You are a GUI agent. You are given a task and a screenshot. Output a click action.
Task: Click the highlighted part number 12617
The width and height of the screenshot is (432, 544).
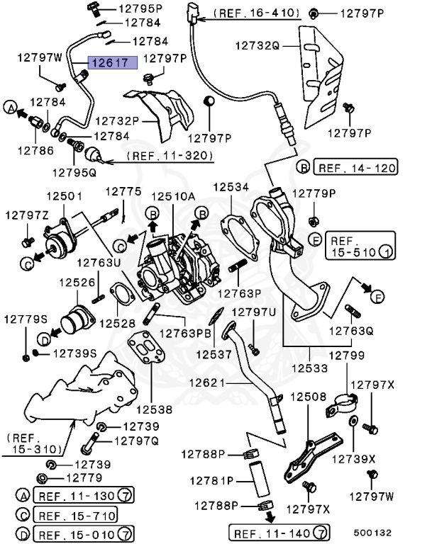coord(108,62)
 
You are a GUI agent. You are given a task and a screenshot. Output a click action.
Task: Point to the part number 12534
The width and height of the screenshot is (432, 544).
coord(231,188)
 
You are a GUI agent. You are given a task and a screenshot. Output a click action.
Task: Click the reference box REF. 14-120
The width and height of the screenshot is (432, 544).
coord(356,168)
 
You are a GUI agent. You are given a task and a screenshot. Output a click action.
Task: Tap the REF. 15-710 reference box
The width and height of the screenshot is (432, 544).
coord(76,516)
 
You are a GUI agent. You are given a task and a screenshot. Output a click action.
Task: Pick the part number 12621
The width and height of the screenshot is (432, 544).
coord(206,383)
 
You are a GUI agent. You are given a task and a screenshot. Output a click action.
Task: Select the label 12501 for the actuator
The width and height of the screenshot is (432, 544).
coord(65,195)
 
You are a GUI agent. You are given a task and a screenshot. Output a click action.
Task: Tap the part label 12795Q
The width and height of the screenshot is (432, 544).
coord(72,171)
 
